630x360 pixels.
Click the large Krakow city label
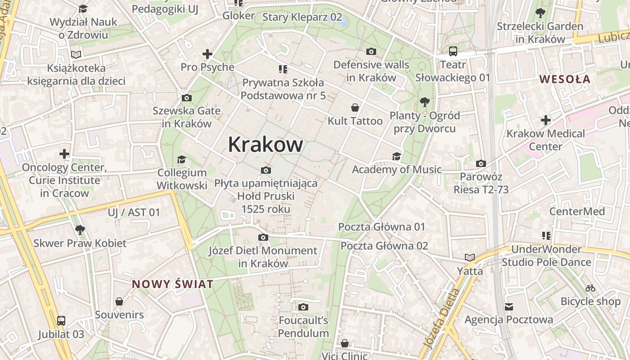pos(265,145)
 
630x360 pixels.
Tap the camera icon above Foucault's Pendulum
pos(303,307)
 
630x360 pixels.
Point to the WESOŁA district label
pos(565,79)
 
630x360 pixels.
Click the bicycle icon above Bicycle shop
pos(590,288)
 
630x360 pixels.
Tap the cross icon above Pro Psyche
pos(207,54)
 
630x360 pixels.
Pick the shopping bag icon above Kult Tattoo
pos(355,108)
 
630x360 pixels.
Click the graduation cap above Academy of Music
pos(396,156)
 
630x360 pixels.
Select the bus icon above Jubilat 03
pos(61,321)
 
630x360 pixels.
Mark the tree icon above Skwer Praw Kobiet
pos(80,230)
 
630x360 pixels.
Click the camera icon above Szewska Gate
pos(186,98)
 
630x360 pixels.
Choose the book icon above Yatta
pos(470,257)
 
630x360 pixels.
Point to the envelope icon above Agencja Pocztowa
pos(509,306)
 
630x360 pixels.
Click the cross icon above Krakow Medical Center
pos(546,120)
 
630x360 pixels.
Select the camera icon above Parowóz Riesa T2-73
pos(481,163)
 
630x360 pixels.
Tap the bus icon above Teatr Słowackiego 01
pos(453,51)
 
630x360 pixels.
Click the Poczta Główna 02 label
pos(384,246)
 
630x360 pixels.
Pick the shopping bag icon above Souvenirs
pos(119,301)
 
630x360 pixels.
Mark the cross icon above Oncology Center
pos(64,154)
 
